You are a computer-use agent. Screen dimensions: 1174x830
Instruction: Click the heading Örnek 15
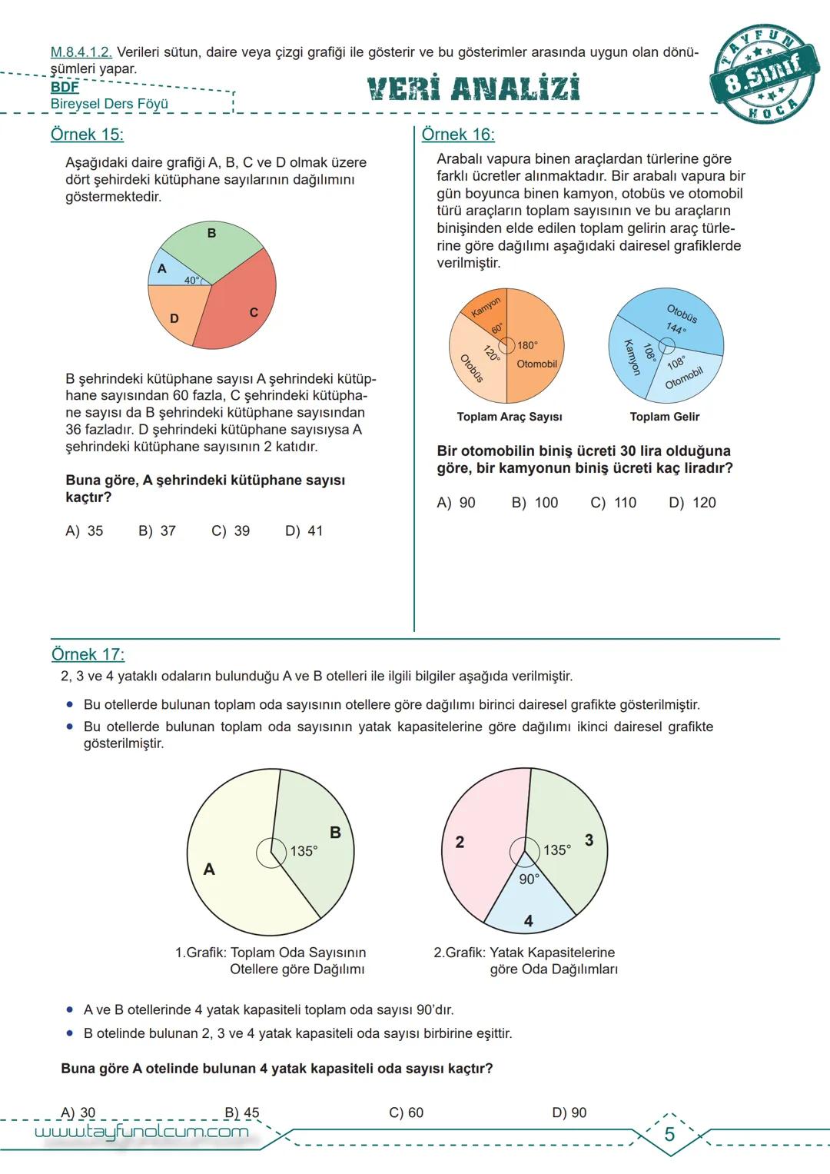coord(87,135)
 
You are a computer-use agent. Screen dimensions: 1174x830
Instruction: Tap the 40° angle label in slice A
coord(191,281)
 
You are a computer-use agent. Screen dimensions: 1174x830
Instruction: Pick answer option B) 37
coord(157,530)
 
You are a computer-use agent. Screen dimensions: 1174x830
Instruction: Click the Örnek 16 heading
coord(458,135)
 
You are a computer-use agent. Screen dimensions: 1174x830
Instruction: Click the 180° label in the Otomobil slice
coord(527,346)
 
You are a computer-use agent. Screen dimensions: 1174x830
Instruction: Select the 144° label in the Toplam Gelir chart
coord(676,328)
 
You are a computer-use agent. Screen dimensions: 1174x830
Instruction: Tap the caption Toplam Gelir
coord(664,417)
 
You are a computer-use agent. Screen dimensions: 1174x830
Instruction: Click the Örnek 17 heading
coord(88,654)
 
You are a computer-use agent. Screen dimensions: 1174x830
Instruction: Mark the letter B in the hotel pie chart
coord(335,833)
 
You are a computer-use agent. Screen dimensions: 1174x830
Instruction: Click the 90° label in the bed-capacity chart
coord(529,879)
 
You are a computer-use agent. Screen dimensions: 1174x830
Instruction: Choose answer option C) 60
coord(406,1112)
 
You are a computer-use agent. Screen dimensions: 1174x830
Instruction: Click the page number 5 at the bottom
coord(669,1134)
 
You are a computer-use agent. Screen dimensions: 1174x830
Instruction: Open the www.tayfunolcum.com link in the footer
coord(142,1132)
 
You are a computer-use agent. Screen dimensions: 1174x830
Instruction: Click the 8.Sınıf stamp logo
coord(764,74)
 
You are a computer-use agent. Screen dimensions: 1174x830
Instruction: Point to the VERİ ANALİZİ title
coord(473,89)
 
